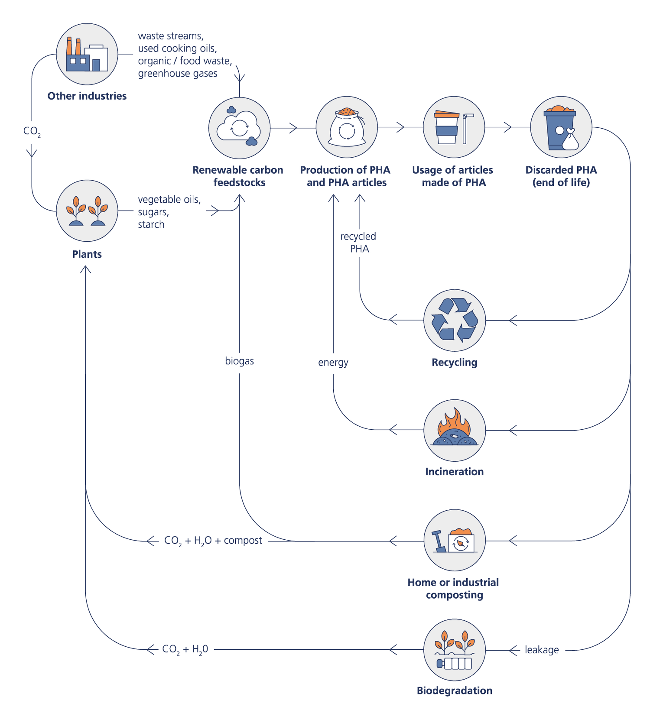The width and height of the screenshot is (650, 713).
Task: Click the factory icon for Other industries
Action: click(87, 55)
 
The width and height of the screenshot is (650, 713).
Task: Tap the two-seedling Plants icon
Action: click(87, 211)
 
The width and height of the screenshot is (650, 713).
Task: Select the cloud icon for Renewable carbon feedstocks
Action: click(239, 128)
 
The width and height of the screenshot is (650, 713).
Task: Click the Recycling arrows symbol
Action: click(454, 320)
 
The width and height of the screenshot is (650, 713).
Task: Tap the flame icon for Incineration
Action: click(454, 430)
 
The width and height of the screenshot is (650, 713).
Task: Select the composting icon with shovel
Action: click(454, 540)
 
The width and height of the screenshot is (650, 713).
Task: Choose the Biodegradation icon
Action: click(454, 649)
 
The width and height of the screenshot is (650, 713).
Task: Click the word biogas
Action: click(239, 361)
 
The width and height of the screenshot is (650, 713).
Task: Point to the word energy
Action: click(333, 362)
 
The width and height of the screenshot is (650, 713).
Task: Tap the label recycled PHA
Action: click(359, 243)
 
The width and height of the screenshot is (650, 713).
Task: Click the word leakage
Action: click(542, 650)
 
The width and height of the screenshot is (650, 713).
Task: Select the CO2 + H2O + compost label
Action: click(213, 541)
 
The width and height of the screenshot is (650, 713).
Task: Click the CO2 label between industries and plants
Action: click(32, 131)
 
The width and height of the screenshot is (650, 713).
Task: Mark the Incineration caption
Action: click(454, 471)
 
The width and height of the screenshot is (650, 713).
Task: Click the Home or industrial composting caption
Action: click(454, 588)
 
